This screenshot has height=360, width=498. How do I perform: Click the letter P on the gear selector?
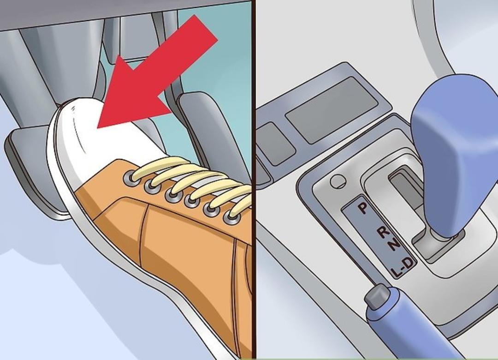click(363, 208)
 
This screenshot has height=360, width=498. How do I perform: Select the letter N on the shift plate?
click(394, 244)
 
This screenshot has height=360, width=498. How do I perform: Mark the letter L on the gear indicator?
click(396, 272)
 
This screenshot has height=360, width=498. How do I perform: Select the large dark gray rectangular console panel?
click(332, 110)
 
